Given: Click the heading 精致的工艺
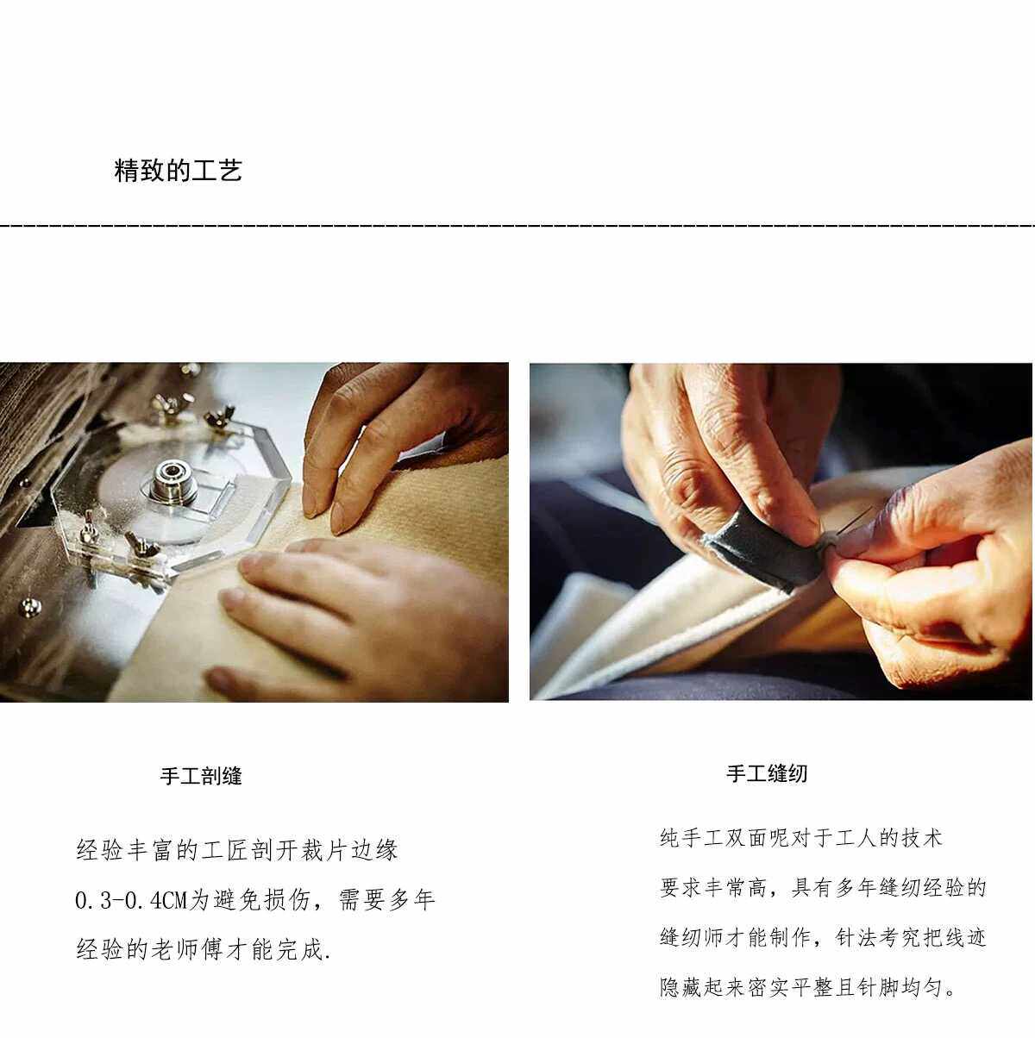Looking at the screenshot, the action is (178, 171).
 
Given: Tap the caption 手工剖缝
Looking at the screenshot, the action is (201, 776).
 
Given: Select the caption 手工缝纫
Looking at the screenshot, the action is (767, 774).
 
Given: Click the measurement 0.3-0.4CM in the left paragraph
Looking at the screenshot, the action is (131, 900).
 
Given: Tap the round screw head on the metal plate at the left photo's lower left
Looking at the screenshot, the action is (29, 607).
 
